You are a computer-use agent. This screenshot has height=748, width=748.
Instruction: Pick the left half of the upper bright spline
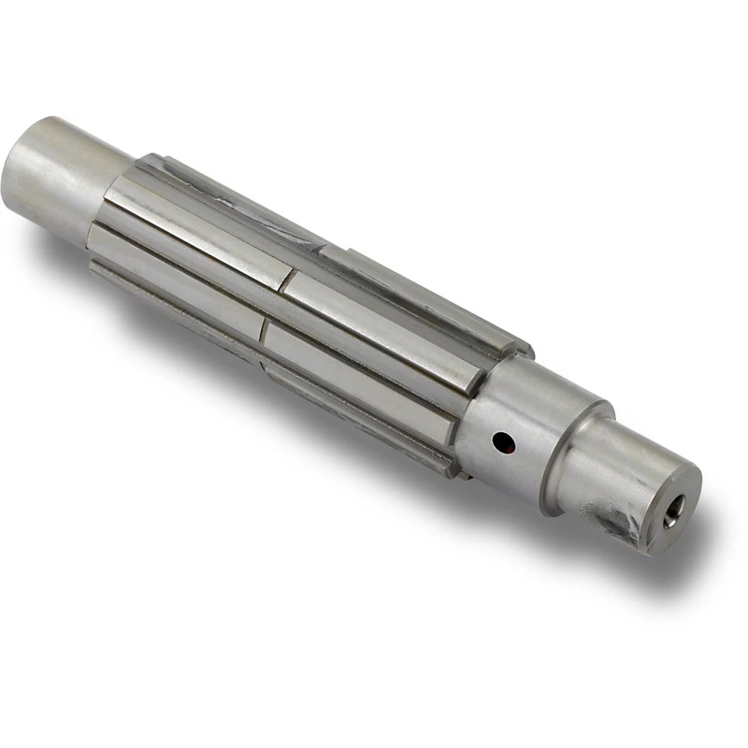pos(196,234)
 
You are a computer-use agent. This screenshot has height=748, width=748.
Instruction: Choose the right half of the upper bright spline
pos(383,327)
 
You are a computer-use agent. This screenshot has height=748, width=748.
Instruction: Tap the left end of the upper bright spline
pos(110,192)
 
